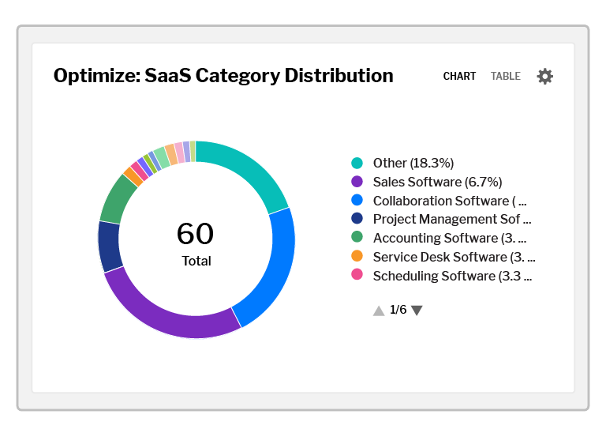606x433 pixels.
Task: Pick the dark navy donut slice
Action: click(x=110, y=247)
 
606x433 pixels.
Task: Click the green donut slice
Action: click(x=119, y=197)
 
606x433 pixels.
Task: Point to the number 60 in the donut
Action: click(x=195, y=234)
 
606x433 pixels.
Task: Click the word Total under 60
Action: click(x=196, y=261)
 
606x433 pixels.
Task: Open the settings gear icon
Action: click(x=545, y=77)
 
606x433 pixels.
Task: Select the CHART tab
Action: click(x=459, y=77)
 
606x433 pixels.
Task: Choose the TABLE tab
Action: click(x=506, y=77)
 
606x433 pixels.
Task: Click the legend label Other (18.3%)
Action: click(x=413, y=163)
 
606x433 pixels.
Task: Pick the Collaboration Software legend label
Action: click(x=449, y=201)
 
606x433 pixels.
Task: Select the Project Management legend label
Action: click(x=451, y=219)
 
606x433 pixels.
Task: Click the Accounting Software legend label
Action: click(x=450, y=238)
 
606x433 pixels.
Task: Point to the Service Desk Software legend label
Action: click(x=454, y=257)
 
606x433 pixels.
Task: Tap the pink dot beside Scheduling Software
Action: click(x=357, y=275)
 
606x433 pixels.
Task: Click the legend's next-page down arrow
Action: click(x=417, y=311)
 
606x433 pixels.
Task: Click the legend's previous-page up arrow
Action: click(x=379, y=311)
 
